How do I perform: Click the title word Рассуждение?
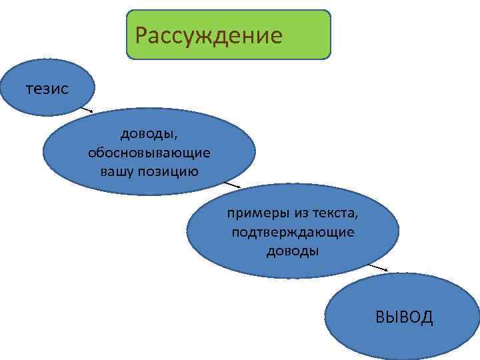click(208, 33)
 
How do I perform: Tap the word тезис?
click(47, 88)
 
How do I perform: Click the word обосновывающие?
click(149, 153)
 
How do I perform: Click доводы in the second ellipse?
click(149, 135)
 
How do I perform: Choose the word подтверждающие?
click(293, 232)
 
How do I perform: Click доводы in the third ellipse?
click(293, 251)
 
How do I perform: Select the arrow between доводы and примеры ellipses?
click(231, 183)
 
